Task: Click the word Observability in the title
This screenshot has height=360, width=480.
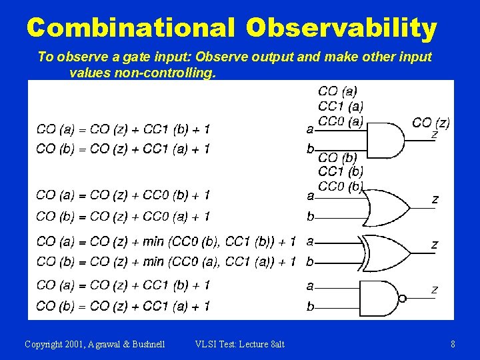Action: point(341,28)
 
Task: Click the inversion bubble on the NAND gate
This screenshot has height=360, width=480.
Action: point(402,298)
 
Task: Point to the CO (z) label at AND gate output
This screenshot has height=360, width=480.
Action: point(431,123)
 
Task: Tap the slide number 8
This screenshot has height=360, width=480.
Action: point(453,344)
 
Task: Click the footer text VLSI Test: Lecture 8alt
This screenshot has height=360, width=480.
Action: point(239,344)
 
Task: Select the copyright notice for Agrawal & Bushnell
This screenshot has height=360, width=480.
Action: point(95,344)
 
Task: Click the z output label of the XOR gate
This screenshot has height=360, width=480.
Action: point(435,245)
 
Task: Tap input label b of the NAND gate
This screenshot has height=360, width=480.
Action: point(310,307)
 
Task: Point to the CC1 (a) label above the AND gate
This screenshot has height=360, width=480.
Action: point(341,106)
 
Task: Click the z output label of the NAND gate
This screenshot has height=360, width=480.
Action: point(435,289)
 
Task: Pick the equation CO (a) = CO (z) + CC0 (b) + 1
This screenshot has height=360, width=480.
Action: point(123,195)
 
